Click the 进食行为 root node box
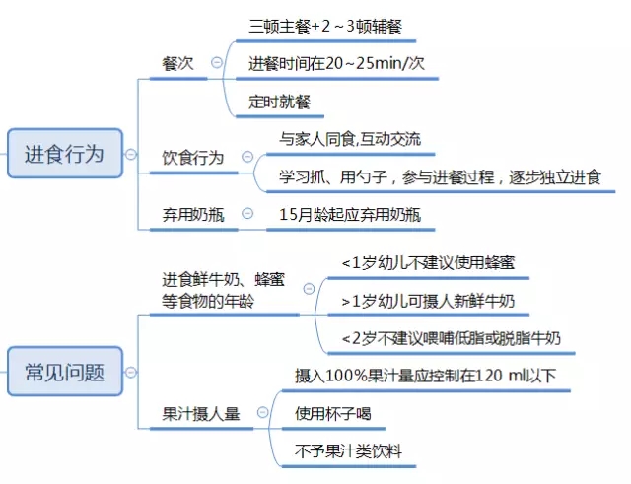64,154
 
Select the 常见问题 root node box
64,373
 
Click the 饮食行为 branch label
193,158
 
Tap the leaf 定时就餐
287,101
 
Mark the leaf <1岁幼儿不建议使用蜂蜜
427,263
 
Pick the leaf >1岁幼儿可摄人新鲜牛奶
427,301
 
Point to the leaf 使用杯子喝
333,414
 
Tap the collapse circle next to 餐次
216,63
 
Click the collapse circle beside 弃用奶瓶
247,213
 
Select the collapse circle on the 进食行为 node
129,154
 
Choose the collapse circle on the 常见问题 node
129,373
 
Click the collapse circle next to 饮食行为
246,158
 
